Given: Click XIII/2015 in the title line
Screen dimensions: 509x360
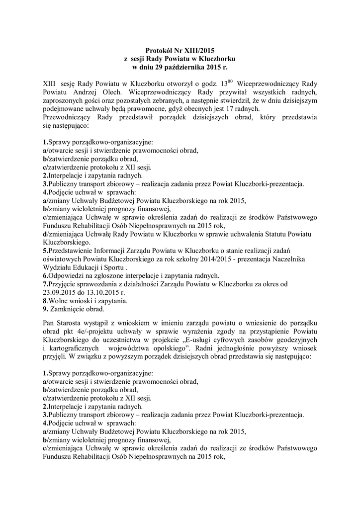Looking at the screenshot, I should [194, 51].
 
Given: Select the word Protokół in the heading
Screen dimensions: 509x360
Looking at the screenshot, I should [158, 51].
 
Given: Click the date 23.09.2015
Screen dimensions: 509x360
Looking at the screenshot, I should [59, 292].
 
